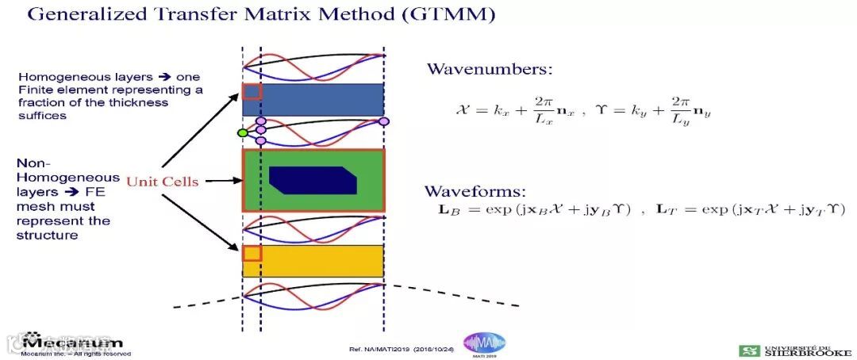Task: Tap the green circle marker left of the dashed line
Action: point(243,132)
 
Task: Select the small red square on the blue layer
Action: point(252,91)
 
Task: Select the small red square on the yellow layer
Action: point(252,253)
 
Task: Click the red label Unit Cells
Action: point(159,182)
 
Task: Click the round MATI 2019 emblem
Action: point(484,343)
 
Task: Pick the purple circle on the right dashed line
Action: point(384,121)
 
